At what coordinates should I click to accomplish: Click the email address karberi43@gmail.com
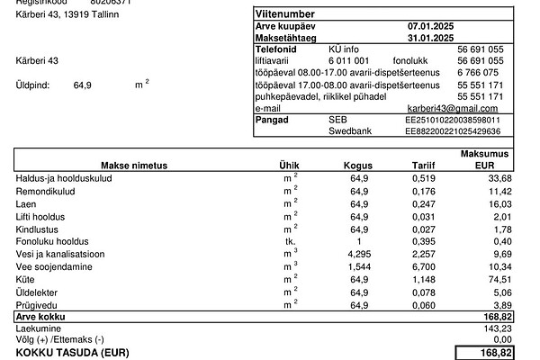[452, 108]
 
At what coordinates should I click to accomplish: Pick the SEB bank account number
[453, 120]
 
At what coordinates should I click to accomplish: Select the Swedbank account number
[453, 131]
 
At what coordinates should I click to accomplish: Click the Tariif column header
[423, 166]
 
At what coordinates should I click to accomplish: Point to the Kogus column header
[358, 166]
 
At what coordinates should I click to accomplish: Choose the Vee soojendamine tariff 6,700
[425, 267]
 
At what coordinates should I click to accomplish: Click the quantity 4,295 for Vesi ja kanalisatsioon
[359, 255]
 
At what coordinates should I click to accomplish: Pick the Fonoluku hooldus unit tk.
[291, 242]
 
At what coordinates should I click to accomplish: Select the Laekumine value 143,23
[497, 329]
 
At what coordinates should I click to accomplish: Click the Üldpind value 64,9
[82, 85]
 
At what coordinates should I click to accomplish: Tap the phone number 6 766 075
[480, 72]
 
